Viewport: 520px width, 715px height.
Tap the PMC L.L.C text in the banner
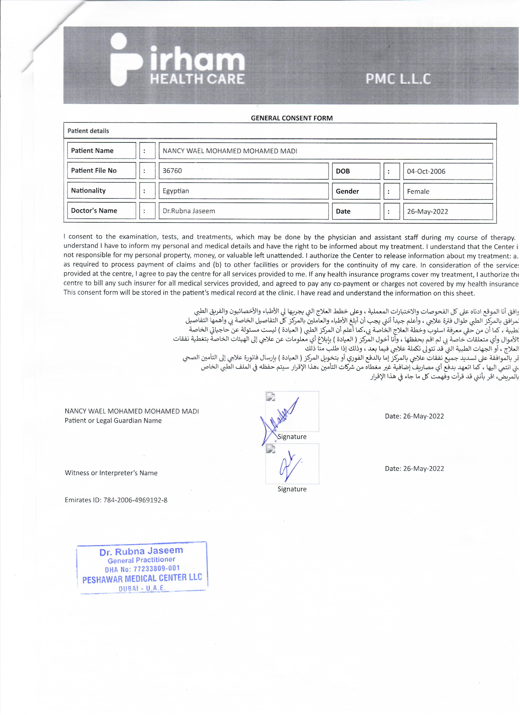tap(398, 79)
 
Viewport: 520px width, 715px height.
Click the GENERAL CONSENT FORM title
tap(292, 118)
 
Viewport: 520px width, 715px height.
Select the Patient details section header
tap(88, 131)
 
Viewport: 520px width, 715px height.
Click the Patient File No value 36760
tap(172, 171)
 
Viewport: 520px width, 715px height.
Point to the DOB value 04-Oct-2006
tap(426, 171)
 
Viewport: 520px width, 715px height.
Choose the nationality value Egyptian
tap(176, 191)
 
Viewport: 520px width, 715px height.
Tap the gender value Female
tap(418, 192)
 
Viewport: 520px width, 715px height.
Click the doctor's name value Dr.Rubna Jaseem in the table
tap(189, 211)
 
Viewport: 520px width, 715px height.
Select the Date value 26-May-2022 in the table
tap(427, 212)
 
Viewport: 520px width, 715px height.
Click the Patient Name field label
tap(92, 151)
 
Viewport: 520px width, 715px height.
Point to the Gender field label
tap(347, 191)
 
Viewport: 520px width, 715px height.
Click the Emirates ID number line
tap(116, 500)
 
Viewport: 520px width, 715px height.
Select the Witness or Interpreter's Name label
tap(111, 473)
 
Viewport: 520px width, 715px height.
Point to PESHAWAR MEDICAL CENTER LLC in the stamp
tap(142, 579)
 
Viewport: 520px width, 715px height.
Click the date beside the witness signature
tap(414, 469)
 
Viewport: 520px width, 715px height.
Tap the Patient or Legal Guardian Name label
tap(113, 421)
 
